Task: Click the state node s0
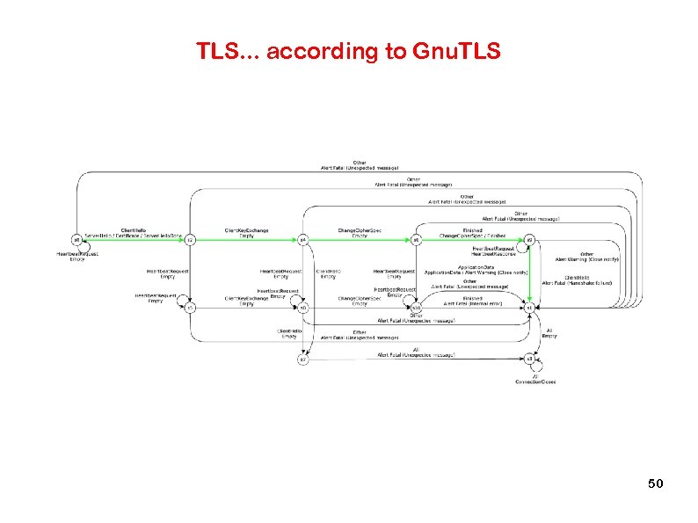pos(76,239)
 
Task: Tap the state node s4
pos(302,239)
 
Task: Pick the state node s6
pos(417,239)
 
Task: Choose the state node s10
pos(416,308)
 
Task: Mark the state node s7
pos(302,359)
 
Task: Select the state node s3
pos(529,359)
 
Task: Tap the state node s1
pos(529,308)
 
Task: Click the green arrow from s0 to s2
pos(132,239)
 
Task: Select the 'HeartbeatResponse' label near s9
pos(500,255)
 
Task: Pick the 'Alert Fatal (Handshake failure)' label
pos(578,283)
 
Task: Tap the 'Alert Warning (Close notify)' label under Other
pos(587,260)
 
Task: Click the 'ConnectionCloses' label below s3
pos(535,381)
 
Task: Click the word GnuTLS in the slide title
pos(454,52)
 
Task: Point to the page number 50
pos(655,483)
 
